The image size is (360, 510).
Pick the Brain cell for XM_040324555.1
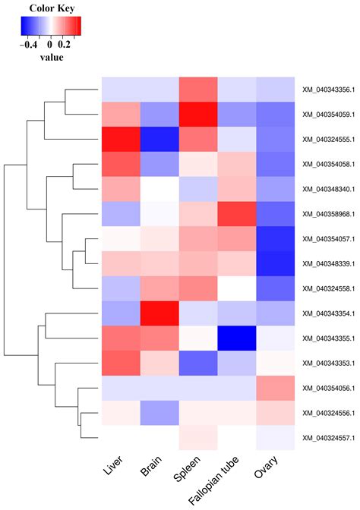pos(159,139)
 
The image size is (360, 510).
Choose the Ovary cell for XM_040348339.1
pos(275,264)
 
